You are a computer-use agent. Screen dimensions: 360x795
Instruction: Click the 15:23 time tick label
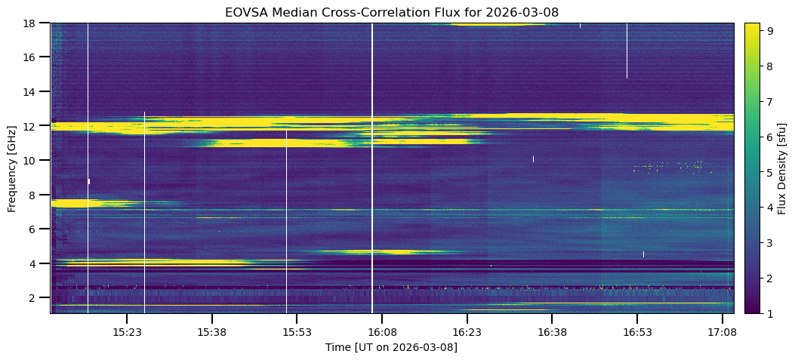tap(127, 331)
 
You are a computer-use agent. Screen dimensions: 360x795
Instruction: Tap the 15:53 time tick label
tap(297, 331)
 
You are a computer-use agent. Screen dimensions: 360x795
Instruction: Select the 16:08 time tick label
tap(382, 331)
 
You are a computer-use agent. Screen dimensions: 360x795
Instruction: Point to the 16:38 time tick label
tap(552, 331)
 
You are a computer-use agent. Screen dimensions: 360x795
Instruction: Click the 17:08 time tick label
tap(722, 331)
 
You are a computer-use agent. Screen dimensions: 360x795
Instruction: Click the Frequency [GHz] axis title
tap(12, 168)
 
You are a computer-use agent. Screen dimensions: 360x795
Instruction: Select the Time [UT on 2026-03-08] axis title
tap(391, 347)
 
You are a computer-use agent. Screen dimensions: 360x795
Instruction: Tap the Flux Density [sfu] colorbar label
tap(782, 168)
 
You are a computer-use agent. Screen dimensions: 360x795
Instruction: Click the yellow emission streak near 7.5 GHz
tap(75, 203)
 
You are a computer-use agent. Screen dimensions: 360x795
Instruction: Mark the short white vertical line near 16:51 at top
tap(627, 50)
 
